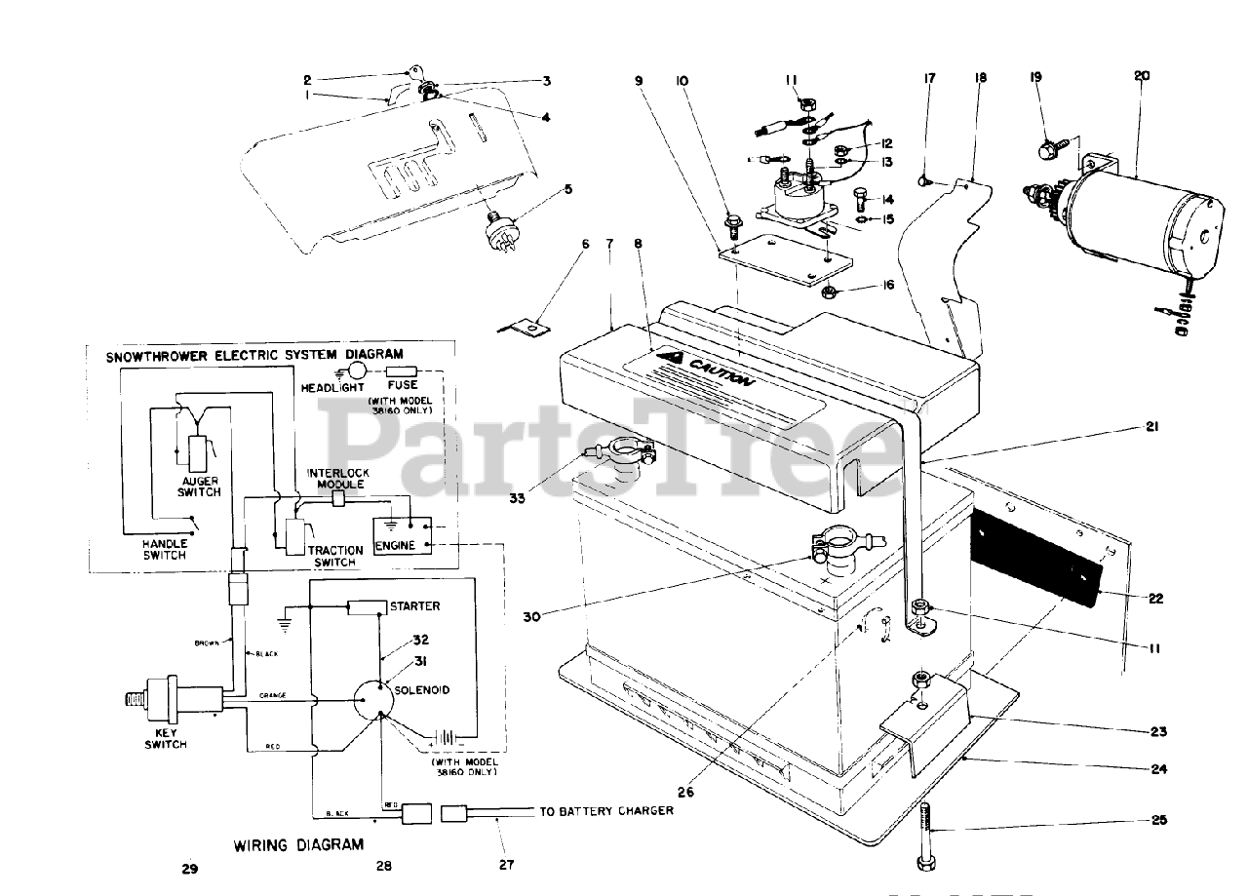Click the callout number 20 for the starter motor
click(x=1142, y=75)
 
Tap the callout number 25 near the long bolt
click(x=1158, y=820)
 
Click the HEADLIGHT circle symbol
click(x=356, y=370)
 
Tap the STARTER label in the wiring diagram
click(x=414, y=606)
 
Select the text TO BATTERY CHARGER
click(x=606, y=811)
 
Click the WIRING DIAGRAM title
click(x=298, y=844)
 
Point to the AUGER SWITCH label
click(x=199, y=486)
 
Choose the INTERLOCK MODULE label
click(x=337, y=478)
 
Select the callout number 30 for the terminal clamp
click(x=532, y=615)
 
